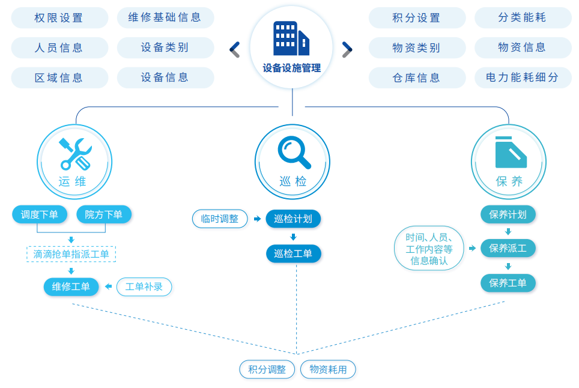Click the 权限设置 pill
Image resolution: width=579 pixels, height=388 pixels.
(x=59, y=17)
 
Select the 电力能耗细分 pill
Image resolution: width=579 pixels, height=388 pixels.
(x=523, y=77)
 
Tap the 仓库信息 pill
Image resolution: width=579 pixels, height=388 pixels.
(x=417, y=77)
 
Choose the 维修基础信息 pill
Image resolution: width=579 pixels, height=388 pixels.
(x=165, y=17)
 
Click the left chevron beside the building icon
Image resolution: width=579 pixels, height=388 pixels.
(x=235, y=49)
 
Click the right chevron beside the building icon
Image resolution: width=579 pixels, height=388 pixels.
(x=347, y=49)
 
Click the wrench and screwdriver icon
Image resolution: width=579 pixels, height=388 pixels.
(x=75, y=154)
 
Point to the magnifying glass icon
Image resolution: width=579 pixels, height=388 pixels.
(x=294, y=151)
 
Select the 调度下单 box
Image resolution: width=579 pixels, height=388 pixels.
(x=40, y=214)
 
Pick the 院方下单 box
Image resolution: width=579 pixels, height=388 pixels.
(x=104, y=214)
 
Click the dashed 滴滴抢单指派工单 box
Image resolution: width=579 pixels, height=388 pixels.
(x=71, y=254)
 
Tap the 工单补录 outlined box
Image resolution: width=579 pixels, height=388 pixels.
(x=144, y=286)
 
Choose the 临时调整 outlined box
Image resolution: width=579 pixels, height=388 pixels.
(x=220, y=219)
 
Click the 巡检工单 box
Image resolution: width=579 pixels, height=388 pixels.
(x=294, y=253)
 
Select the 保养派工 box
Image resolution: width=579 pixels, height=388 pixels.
(x=508, y=247)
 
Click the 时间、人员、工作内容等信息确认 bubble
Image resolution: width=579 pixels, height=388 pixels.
(x=429, y=248)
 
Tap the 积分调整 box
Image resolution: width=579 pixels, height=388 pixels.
(x=267, y=369)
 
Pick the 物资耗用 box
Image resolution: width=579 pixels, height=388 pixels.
(x=328, y=369)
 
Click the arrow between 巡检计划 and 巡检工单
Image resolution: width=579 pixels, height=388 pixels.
(x=293, y=237)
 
